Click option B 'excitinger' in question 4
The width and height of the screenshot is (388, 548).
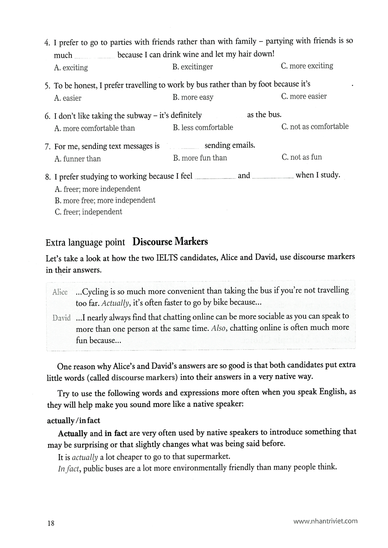(x=192, y=67)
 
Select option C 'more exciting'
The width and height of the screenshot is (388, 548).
(x=307, y=66)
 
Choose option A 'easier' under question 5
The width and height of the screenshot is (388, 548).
(x=68, y=98)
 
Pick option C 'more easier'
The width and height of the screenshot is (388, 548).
(x=304, y=96)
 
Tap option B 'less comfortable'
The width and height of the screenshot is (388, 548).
(x=203, y=127)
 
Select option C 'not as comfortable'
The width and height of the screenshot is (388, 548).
(x=315, y=126)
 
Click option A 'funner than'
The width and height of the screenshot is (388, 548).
(x=77, y=159)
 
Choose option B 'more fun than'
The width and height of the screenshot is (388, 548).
(x=200, y=158)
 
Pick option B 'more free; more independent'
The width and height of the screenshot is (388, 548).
(x=105, y=201)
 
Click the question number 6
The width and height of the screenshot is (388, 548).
(x=48, y=116)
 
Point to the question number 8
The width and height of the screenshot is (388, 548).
(x=48, y=177)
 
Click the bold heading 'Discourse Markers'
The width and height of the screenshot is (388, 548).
(x=170, y=242)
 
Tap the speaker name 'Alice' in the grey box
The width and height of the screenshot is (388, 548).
(x=60, y=292)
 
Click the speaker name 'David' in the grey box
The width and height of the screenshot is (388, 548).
(x=61, y=318)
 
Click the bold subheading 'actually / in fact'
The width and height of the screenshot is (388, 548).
(x=73, y=420)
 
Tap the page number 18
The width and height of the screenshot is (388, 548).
(x=51, y=523)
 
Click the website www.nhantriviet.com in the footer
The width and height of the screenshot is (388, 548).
(x=325, y=521)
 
